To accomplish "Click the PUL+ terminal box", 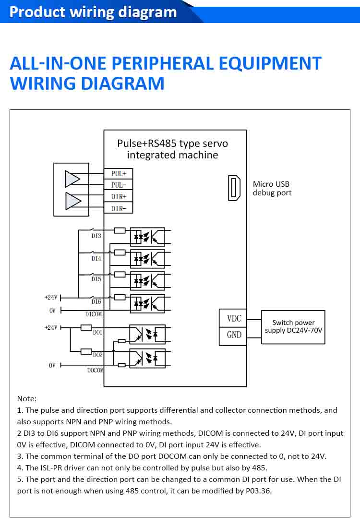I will click(118, 174).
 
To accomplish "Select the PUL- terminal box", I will click(118, 185).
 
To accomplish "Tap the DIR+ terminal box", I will click(118, 197).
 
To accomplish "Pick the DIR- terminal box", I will click(118, 208).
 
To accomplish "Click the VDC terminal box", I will click(234, 319).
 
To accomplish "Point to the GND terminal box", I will click(234, 335).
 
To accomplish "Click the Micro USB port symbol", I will click(234, 188).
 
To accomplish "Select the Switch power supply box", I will click(293, 327).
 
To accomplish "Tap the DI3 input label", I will click(96, 236).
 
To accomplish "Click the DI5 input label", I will click(96, 279).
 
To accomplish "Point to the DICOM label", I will click(94, 314).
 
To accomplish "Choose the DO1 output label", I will click(98, 332).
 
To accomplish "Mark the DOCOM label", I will click(96, 370).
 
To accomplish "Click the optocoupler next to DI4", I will click(147, 259).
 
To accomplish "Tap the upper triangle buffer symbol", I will click(72, 179).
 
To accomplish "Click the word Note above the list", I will click(26, 398).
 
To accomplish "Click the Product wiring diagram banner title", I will click(93, 12).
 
